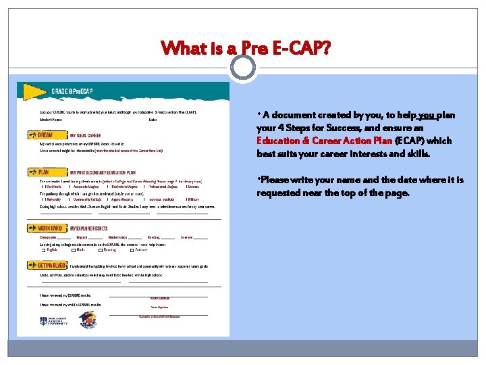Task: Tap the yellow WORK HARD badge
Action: coord(47,228)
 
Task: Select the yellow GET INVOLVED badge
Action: coord(47,266)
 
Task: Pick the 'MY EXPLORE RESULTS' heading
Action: coord(90,228)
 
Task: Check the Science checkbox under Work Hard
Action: coord(132,251)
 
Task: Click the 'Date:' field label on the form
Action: coord(153,120)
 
